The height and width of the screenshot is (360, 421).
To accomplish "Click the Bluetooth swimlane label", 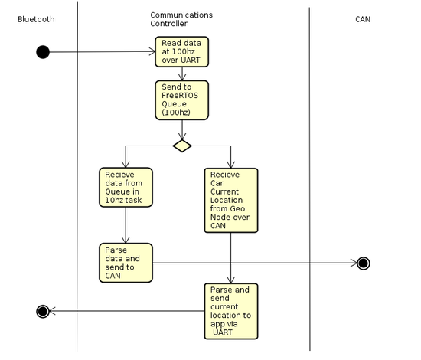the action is pyautogui.click(x=36, y=19).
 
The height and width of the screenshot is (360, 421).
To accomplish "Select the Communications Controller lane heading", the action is pyautogui.click(x=181, y=19).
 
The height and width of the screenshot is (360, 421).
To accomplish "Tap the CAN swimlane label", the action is pyautogui.click(x=363, y=19).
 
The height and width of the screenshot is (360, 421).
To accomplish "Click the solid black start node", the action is pyautogui.click(x=43, y=52).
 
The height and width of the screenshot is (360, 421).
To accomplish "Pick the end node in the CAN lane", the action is pyautogui.click(x=364, y=263).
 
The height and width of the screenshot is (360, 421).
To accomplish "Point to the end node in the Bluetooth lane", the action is pyautogui.click(x=43, y=312).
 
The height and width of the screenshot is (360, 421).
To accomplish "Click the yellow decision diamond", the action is pyautogui.click(x=182, y=146).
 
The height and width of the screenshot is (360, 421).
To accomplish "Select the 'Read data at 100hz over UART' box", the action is pyautogui.click(x=181, y=52).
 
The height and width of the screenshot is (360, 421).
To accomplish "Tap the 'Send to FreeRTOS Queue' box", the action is pyautogui.click(x=181, y=100).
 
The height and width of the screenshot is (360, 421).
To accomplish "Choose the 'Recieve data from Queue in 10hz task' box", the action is pyautogui.click(x=126, y=188).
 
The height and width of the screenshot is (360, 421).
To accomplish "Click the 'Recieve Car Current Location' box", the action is pyautogui.click(x=231, y=201).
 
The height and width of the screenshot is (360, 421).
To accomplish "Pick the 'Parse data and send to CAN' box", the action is pyautogui.click(x=126, y=263).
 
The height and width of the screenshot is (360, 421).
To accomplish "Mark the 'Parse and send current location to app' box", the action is pyautogui.click(x=231, y=312).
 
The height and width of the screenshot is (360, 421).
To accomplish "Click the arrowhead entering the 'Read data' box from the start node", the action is pyautogui.click(x=152, y=52).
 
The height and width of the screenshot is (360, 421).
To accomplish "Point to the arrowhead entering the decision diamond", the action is pyautogui.click(x=182, y=136).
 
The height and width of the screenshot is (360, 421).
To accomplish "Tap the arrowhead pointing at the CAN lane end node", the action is pyautogui.click(x=354, y=263).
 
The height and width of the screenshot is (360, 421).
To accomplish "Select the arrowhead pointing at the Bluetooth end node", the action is pyautogui.click(x=52, y=312).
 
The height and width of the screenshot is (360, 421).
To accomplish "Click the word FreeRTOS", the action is pyautogui.click(x=180, y=96).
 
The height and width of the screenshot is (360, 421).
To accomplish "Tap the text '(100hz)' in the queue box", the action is pyautogui.click(x=176, y=113).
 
